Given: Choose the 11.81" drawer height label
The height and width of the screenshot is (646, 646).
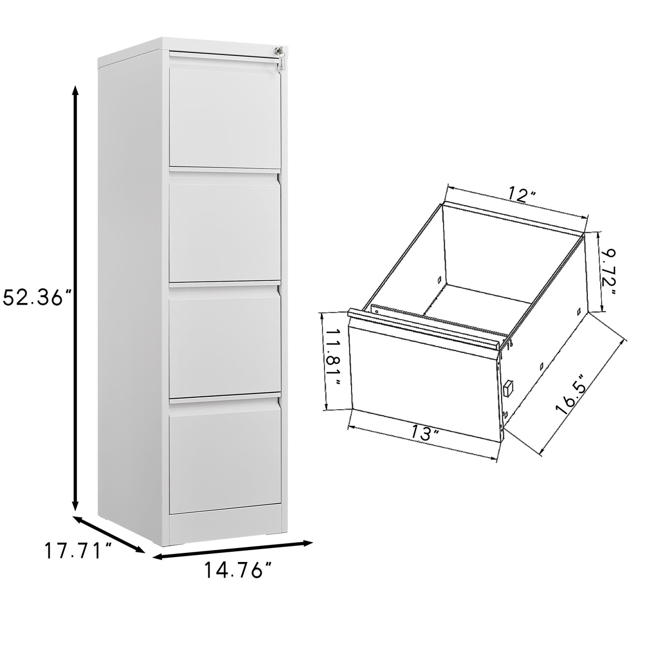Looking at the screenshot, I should click(332, 360).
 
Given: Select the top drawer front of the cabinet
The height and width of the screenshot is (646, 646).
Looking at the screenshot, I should click(224, 116).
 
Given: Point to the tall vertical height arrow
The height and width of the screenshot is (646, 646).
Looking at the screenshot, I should click(76, 296).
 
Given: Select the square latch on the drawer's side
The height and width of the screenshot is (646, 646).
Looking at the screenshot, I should click(508, 388).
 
